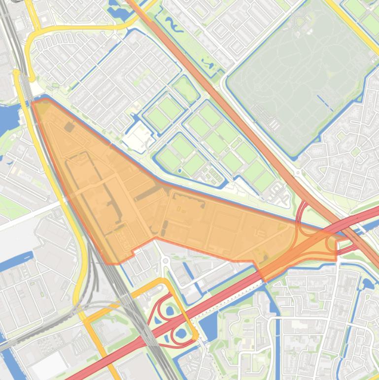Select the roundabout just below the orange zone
tap(166, 260)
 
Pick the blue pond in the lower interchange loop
tap(181, 334)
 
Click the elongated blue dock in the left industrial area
tap(17, 261)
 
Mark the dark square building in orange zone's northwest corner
tap(69, 127)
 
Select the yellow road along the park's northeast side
tap(352, 25)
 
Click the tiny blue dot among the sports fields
tap(179, 171)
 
